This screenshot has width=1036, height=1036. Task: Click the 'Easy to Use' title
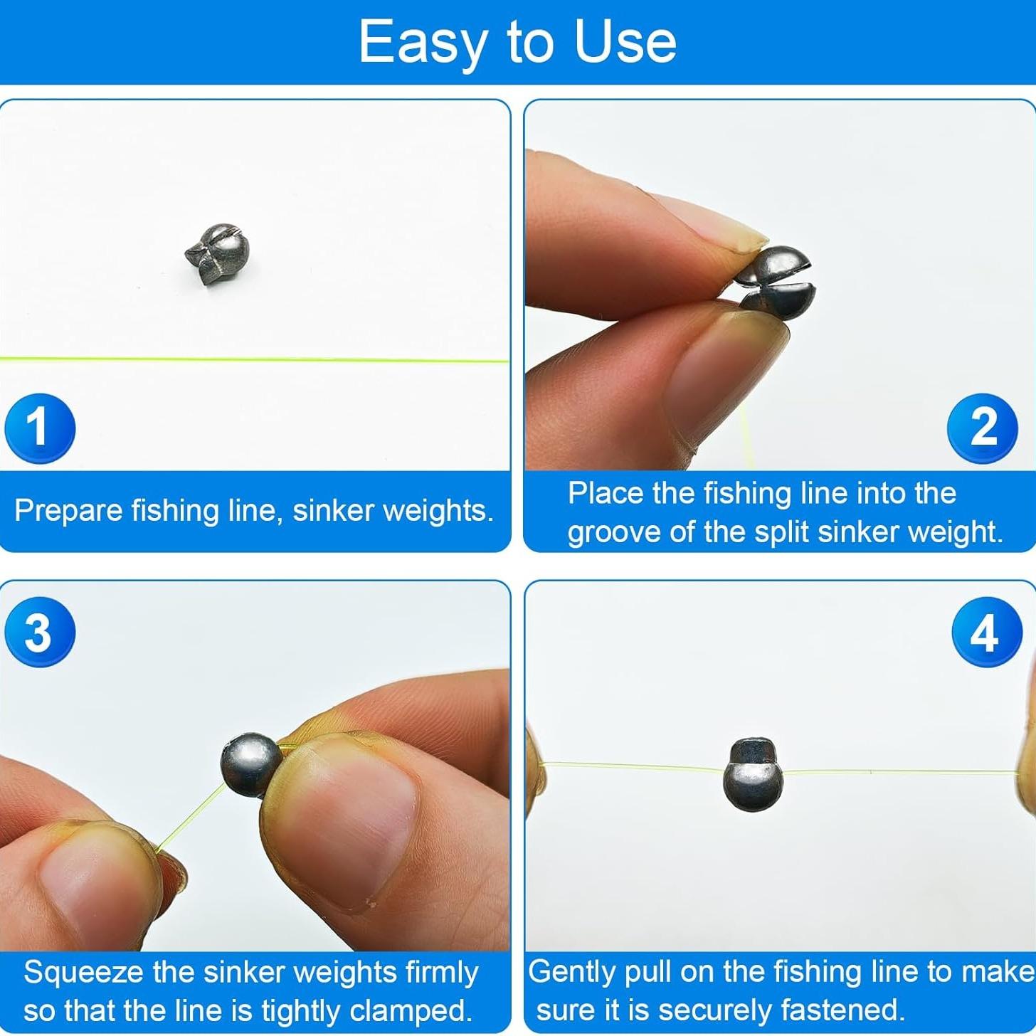pos(517,42)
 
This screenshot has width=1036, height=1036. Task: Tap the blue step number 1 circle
pos(39,428)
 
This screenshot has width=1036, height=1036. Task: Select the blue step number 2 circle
pos(983,428)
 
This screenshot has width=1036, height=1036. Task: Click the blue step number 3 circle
pos(39,632)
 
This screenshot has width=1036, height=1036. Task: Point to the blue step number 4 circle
pos(986,632)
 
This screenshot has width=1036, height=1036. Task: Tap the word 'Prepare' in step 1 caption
pos(68,511)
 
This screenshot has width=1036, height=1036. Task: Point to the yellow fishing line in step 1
pos(256,360)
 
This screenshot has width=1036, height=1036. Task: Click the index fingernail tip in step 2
pos(747,238)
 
